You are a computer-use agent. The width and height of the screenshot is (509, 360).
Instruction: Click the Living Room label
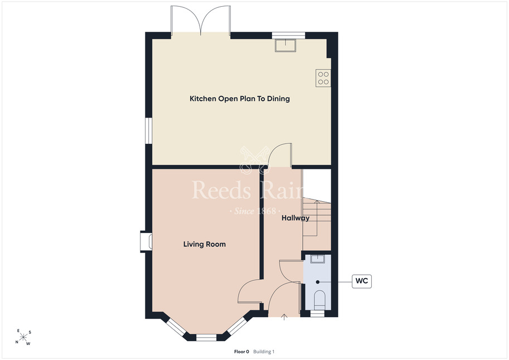[x=205, y=244]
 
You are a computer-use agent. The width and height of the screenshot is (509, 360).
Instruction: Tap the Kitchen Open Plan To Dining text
[x=240, y=99]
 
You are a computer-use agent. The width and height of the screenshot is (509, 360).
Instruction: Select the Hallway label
[x=295, y=218]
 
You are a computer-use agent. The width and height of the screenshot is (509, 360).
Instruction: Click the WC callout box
[x=362, y=281]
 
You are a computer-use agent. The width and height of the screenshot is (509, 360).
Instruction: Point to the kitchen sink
[x=285, y=45]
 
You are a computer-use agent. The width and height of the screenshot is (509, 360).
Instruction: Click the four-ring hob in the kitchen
[x=323, y=78]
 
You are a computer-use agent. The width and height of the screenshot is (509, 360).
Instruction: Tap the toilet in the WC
[x=320, y=300]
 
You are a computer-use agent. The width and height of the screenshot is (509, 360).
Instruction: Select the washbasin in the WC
[x=317, y=259]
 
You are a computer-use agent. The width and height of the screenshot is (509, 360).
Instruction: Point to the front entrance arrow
[x=284, y=317]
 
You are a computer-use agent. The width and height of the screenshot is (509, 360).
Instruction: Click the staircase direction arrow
[x=317, y=218]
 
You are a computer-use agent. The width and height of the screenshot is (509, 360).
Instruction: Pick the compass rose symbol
[x=23, y=337]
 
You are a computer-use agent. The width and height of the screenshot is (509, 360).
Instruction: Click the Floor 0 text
[x=241, y=352]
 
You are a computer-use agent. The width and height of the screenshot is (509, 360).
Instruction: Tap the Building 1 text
[x=264, y=352]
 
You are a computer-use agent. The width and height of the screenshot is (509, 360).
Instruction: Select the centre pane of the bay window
[x=206, y=338]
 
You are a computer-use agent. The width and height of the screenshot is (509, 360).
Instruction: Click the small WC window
[x=317, y=314]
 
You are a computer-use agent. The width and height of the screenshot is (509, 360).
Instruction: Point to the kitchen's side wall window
[x=149, y=130]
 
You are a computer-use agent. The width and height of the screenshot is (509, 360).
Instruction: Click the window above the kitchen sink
[x=289, y=35]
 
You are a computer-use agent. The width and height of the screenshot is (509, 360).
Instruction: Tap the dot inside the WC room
[x=318, y=282]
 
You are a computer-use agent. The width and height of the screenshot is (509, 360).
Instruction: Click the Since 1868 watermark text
[x=255, y=211]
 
